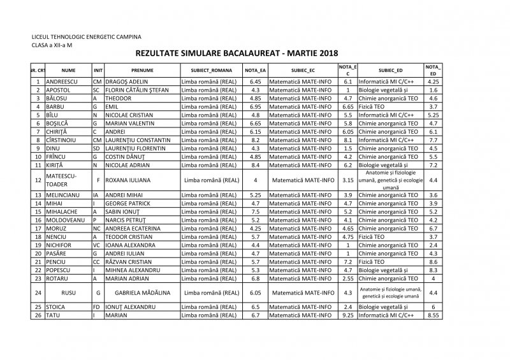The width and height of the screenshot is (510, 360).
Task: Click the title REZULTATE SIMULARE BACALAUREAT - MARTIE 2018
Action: tap(237, 54)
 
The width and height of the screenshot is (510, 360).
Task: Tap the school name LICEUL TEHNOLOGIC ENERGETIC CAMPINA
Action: tap(87, 38)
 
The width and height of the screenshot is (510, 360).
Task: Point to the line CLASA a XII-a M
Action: tap(52, 46)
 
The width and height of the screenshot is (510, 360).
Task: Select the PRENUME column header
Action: tap(142, 70)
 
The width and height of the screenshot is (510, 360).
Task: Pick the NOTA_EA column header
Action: tap(255, 70)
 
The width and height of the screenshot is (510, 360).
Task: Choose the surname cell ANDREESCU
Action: tap(62, 82)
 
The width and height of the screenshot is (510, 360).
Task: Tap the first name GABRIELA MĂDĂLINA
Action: tap(142, 292)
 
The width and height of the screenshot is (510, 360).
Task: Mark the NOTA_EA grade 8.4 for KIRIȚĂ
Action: tap(255, 165)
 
